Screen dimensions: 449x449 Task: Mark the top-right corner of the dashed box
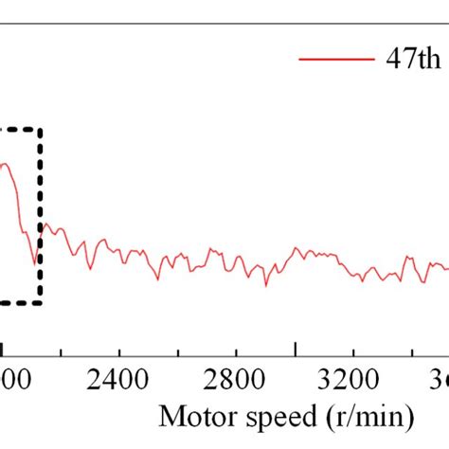40,129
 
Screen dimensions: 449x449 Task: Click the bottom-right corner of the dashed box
40,303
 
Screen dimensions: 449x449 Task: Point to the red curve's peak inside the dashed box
5,164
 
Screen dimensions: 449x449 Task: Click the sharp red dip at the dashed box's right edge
36,263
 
